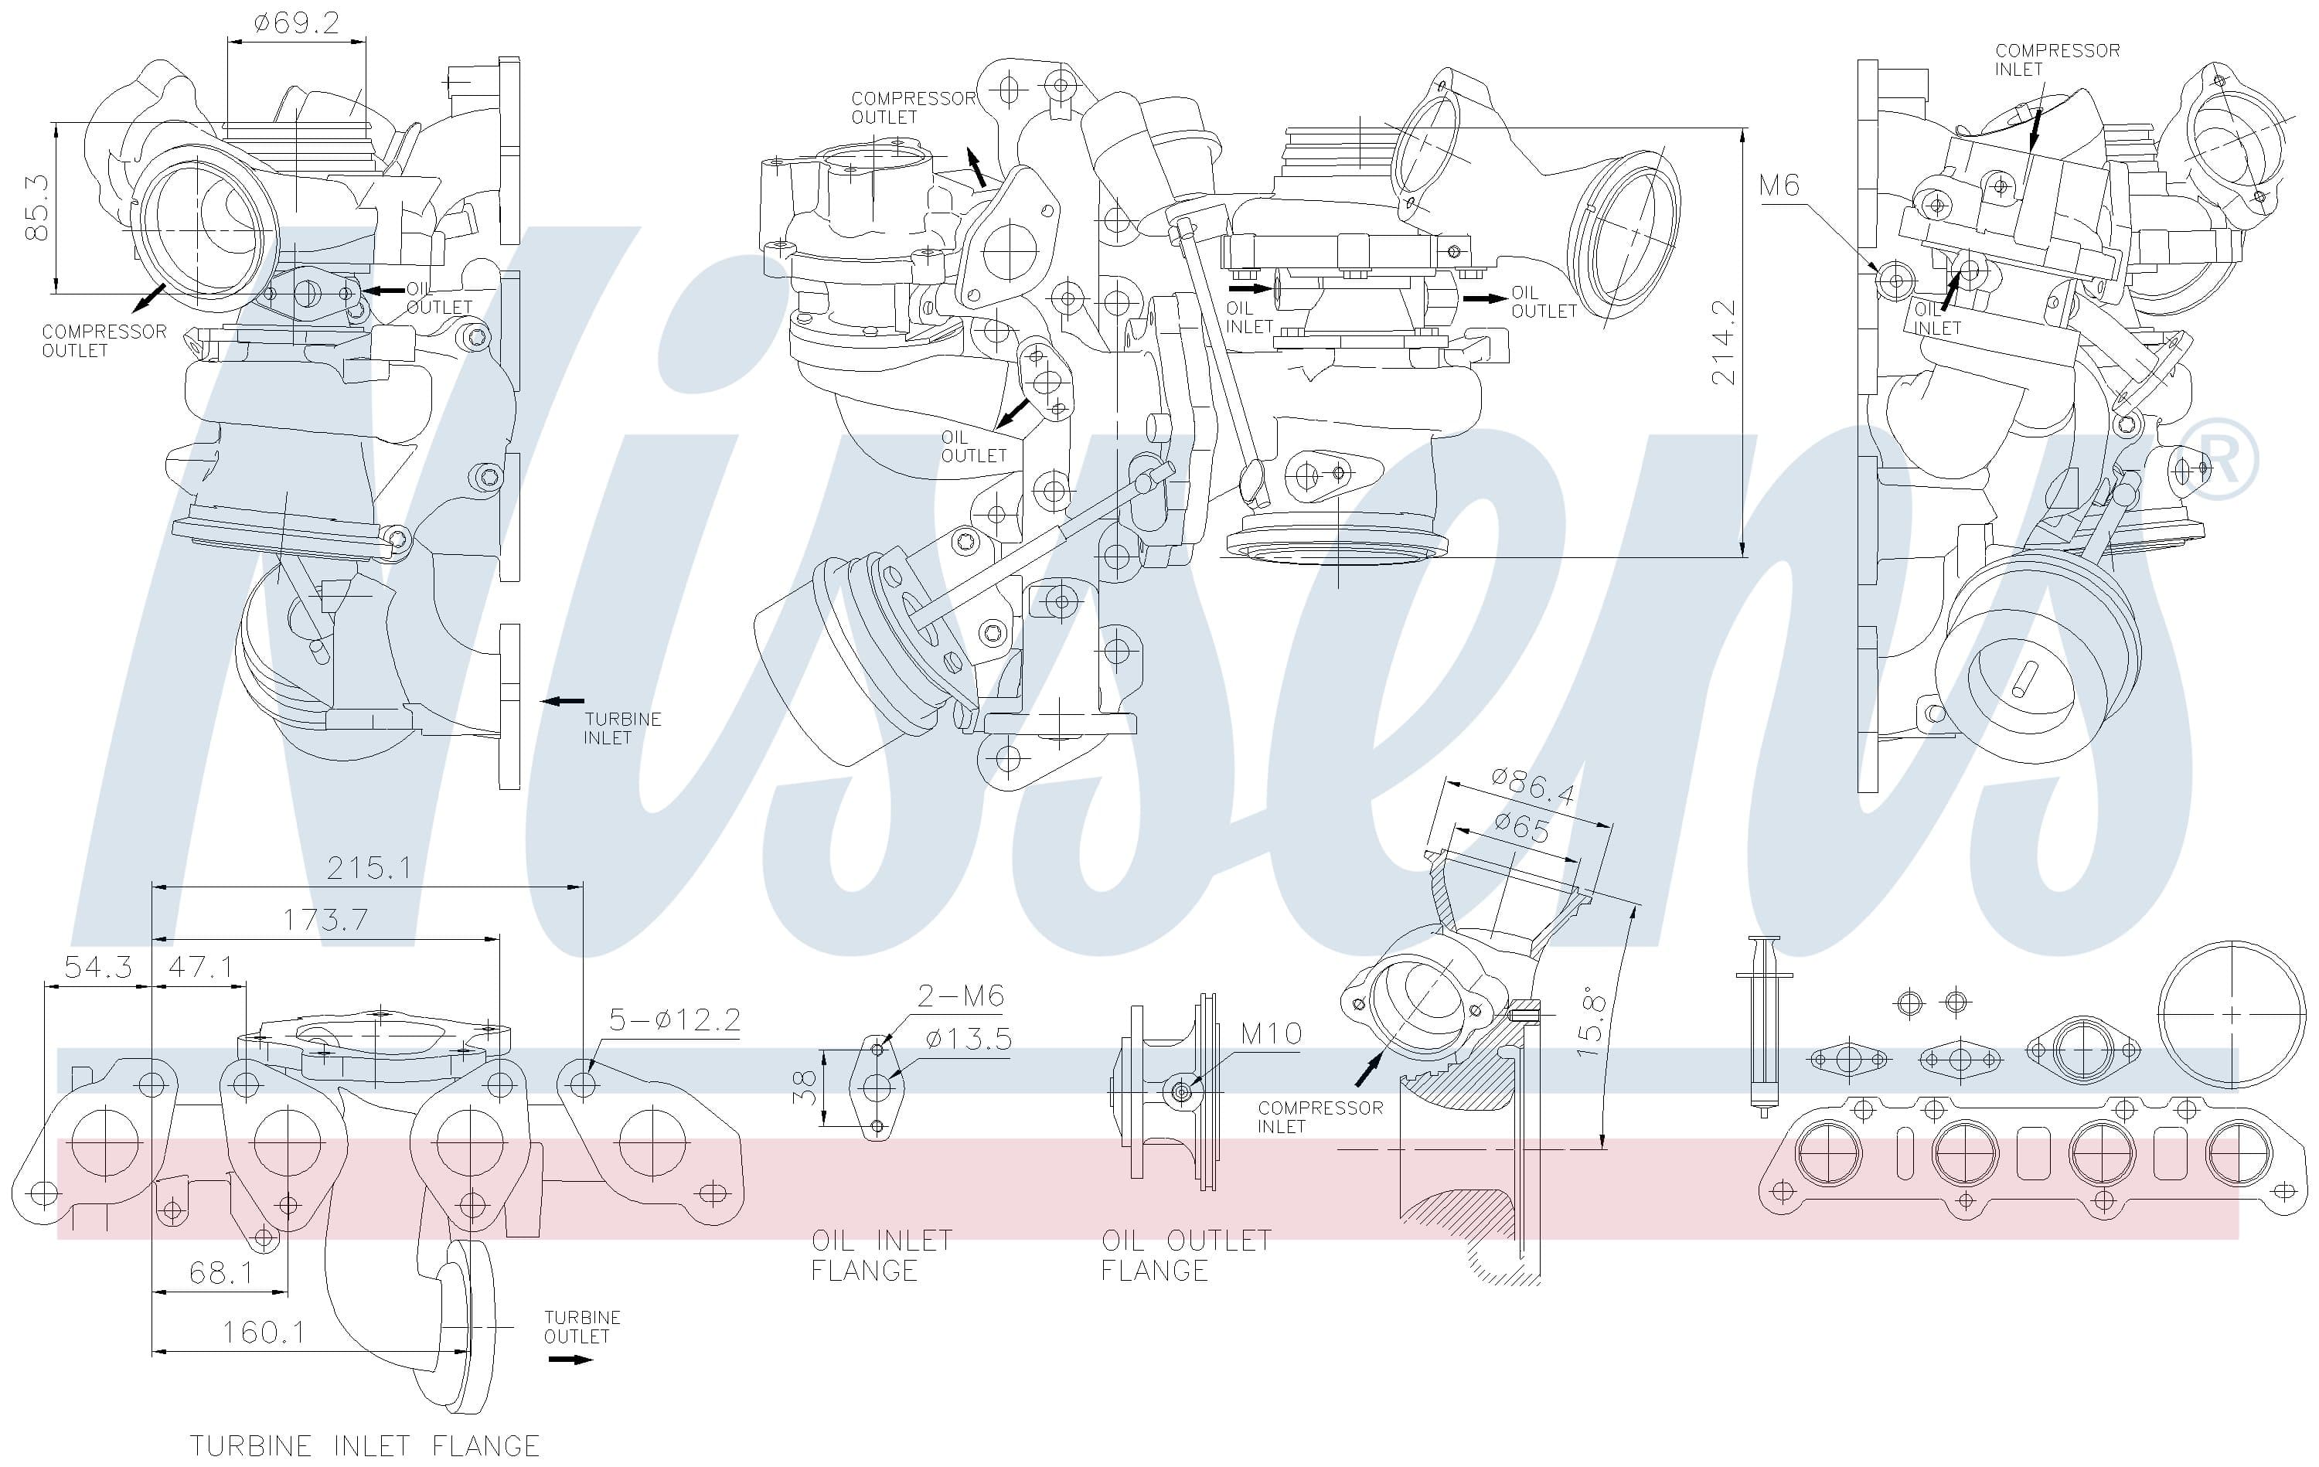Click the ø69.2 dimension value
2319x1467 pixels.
coord(297,22)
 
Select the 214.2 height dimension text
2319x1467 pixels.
coord(1724,342)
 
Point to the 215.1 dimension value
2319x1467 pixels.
coord(369,868)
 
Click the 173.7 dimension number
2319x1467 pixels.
coord(325,920)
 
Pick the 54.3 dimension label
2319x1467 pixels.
coord(98,966)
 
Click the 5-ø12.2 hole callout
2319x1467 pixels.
coord(674,1019)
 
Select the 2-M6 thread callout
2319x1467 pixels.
coord(960,995)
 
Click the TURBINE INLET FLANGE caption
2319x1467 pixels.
coord(364,1445)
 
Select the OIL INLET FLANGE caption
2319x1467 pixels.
coord(881,1254)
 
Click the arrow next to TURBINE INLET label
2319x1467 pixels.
coord(563,701)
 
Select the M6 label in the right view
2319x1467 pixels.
coord(1779,185)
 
